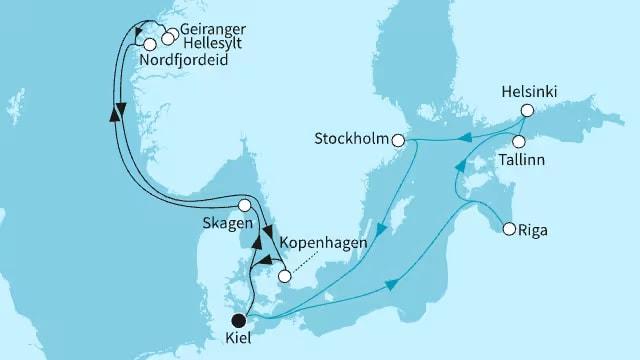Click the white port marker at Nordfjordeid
pyautogui.click(x=150, y=44)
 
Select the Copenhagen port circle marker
pyautogui.click(x=284, y=276)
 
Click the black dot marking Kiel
pyautogui.click(x=237, y=321)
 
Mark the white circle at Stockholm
pyautogui.click(x=398, y=140)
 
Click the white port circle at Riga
pyautogui.click(x=509, y=229)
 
